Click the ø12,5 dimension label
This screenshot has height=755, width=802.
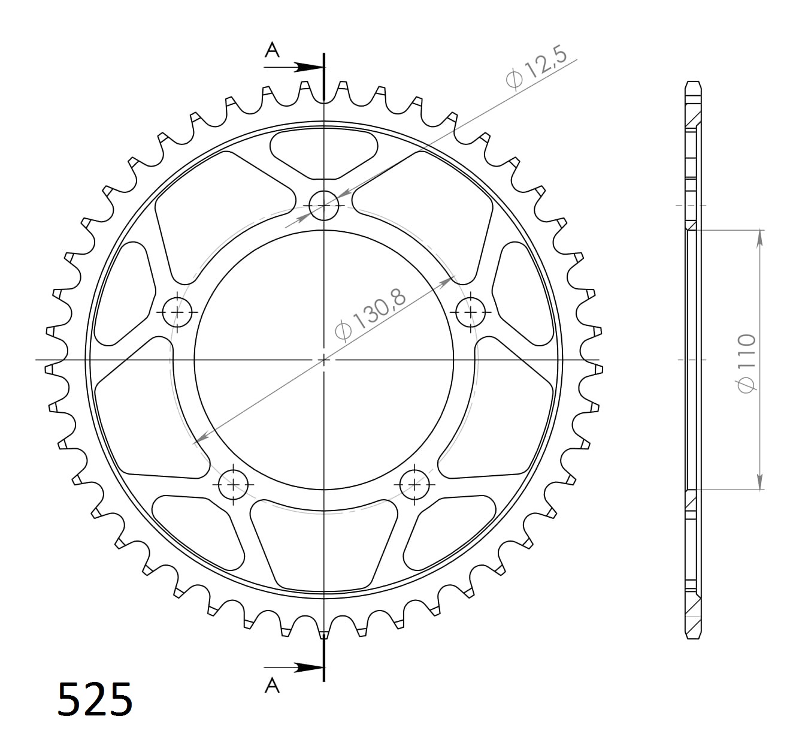[535, 70]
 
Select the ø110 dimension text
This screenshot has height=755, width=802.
[747, 364]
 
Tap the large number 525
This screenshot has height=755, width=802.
[95, 699]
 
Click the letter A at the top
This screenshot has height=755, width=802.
[273, 50]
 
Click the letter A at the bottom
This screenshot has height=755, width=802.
[273, 685]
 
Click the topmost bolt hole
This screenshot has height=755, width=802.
[324, 206]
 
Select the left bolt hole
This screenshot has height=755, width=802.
[178, 312]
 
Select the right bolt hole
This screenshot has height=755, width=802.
[471, 312]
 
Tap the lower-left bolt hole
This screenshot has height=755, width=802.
[234, 484]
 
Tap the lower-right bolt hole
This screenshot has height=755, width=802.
[414, 484]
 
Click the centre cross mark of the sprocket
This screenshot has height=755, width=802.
[324, 360]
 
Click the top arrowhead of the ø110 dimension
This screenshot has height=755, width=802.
[759, 237]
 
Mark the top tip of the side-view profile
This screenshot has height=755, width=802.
[693, 82]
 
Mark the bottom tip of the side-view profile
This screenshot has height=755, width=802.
[693, 638]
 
